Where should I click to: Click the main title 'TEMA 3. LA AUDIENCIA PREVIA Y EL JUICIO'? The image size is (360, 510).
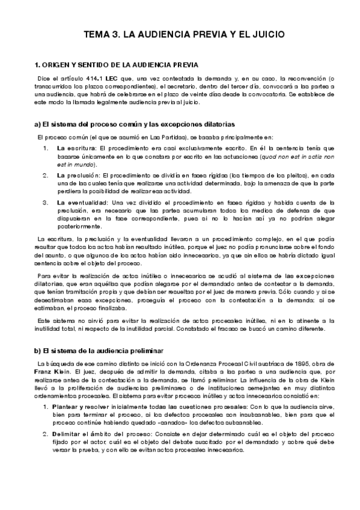[180, 35]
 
